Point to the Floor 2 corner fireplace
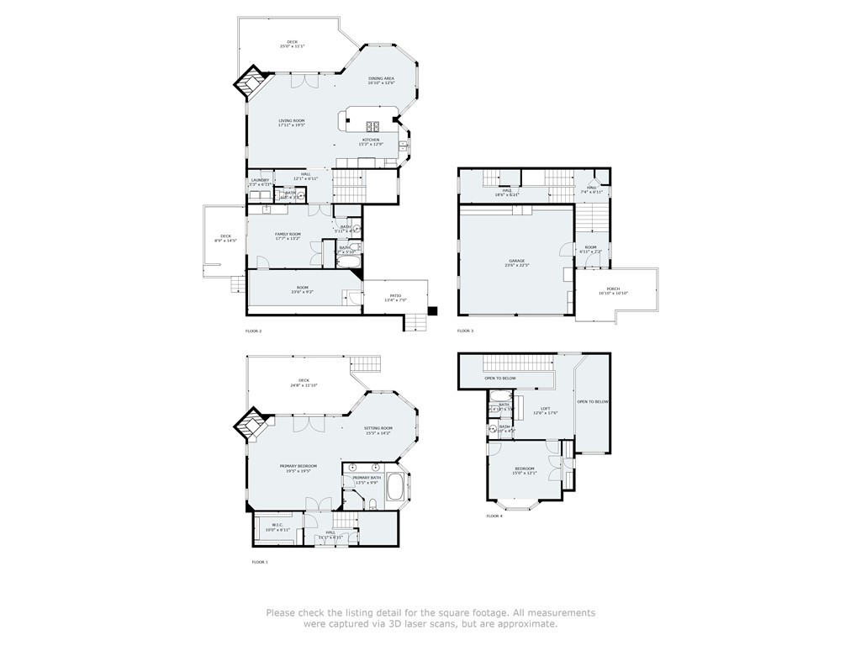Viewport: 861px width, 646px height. click(251, 83)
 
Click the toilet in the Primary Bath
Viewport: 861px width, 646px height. click(372, 503)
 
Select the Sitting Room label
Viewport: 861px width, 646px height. click(378, 431)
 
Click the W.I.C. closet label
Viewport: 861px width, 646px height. click(277, 527)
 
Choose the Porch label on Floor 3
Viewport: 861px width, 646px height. click(613, 290)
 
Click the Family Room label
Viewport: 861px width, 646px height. click(288, 236)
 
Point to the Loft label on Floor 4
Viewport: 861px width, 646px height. click(546, 410)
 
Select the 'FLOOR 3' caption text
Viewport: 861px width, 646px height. click(465, 331)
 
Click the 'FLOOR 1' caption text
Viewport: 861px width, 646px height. click(260, 561)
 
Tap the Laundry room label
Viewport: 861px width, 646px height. click(260, 181)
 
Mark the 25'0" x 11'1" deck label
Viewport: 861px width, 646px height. click(292, 44)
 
